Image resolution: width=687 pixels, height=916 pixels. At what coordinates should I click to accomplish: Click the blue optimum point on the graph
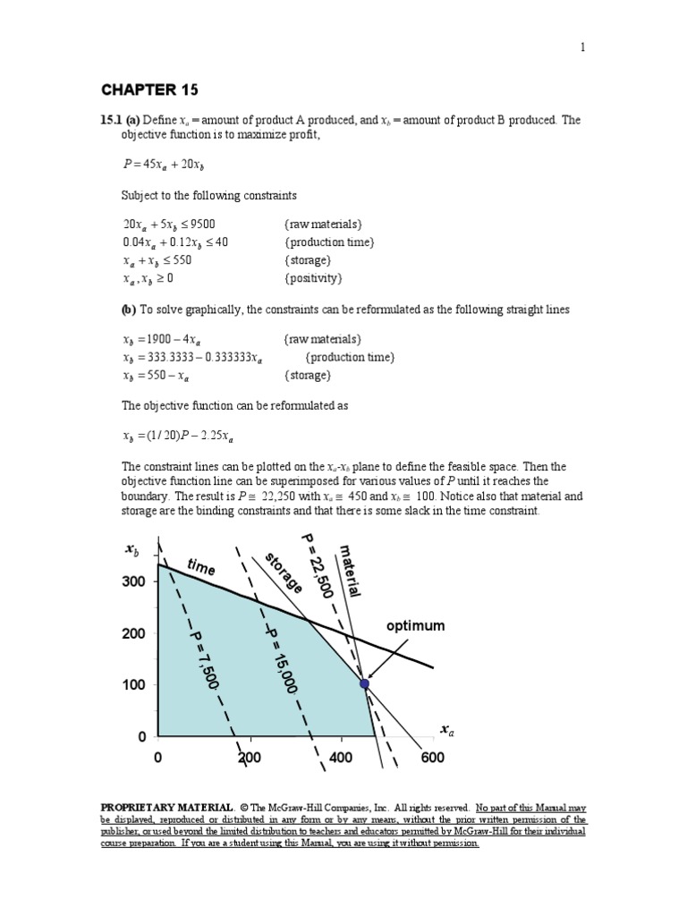coord(364,683)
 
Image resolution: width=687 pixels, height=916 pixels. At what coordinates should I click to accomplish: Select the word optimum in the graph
coord(415,626)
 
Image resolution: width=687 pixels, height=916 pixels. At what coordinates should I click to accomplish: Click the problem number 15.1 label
coord(110,120)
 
